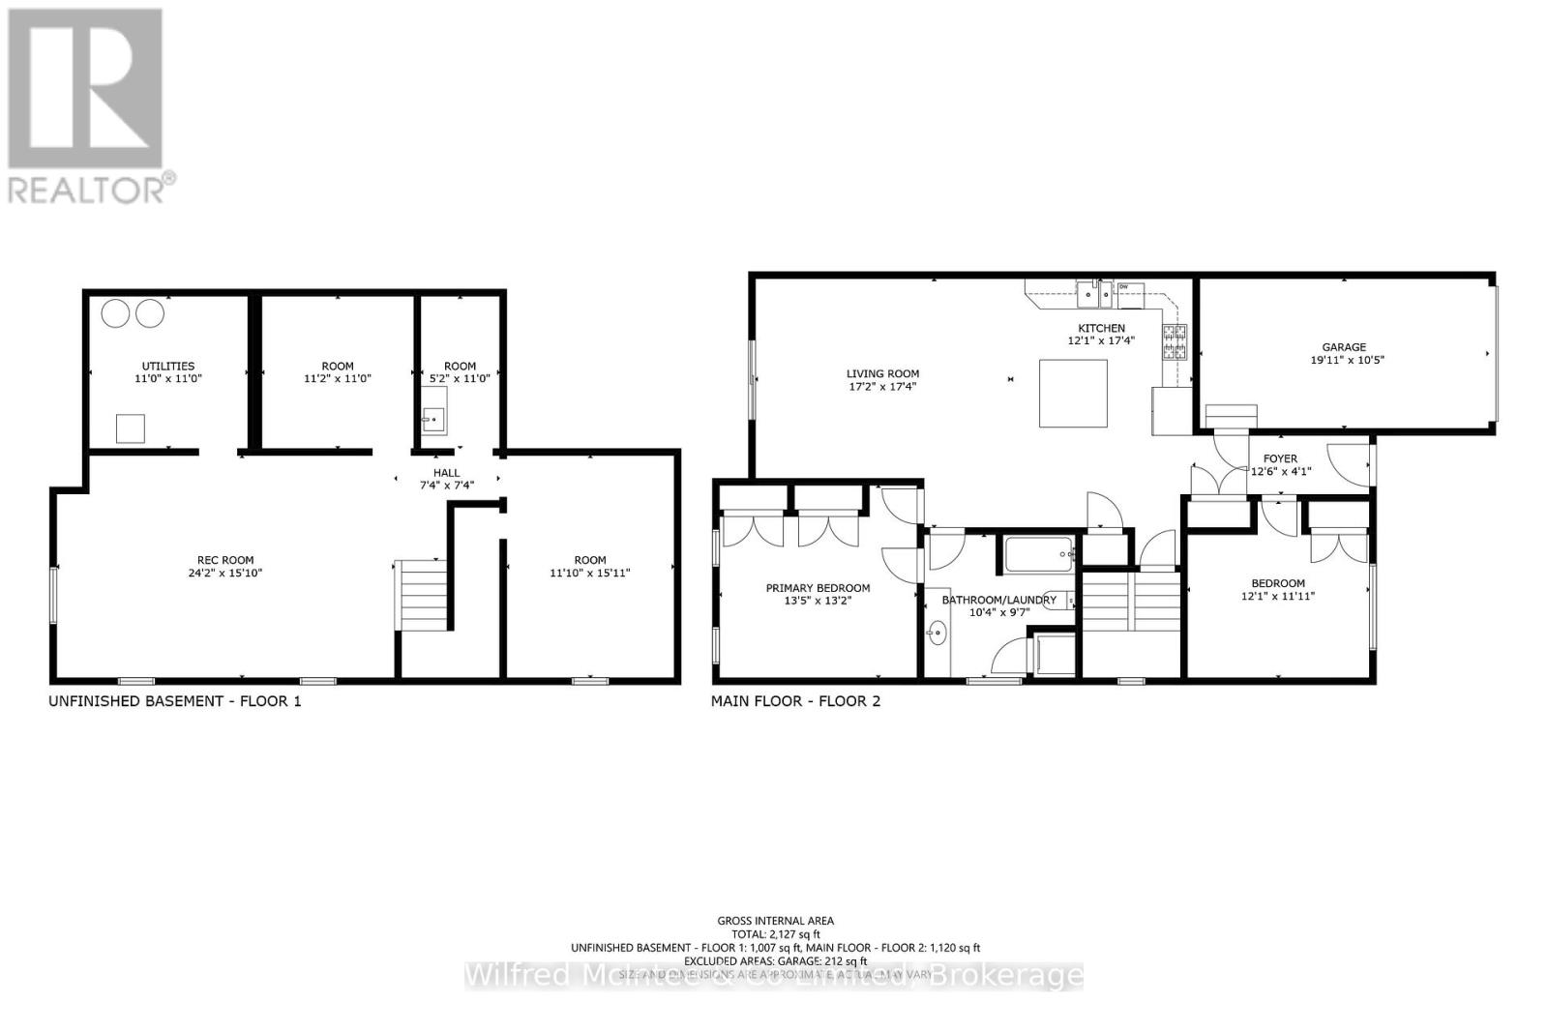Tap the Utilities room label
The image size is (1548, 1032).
click(x=168, y=367)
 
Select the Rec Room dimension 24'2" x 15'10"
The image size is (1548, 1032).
click(x=225, y=574)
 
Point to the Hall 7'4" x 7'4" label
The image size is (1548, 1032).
click(x=447, y=479)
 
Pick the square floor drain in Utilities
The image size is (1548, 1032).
click(x=131, y=428)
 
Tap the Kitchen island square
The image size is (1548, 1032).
click(x=1073, y=393)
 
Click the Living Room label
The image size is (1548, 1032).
click(x=882, y=374)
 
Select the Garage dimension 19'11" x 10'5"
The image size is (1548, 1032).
click(x=1344, y=360)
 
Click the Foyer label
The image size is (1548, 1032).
click(x=1280, y=458)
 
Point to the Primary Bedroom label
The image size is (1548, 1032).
click(x=818, y=588)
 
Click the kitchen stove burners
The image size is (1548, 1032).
click(x=1176, y=342)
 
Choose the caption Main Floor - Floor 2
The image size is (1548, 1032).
click(x=795, y=701)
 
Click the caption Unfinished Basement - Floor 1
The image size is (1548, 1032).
click(x=175, y=701)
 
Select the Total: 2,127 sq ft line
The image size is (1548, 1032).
click(x=775, y=934)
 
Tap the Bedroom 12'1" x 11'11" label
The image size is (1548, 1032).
click(x=1278, y=590)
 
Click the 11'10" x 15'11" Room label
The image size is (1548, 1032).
click(x=590, y=567)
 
